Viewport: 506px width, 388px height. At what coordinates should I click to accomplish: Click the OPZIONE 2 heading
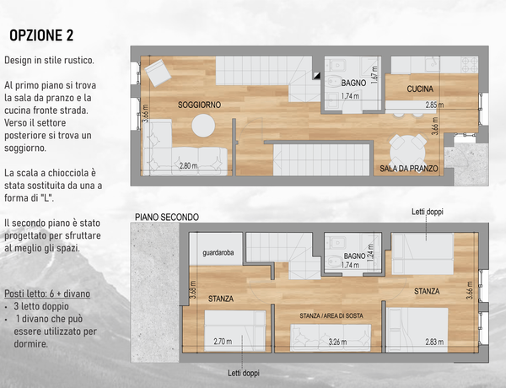[41, 35]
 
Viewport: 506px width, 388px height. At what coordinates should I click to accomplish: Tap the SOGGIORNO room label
[199, 105]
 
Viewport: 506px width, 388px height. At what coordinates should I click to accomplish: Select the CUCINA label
[420, 89]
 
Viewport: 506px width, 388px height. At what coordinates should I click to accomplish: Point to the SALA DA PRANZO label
[408, 169]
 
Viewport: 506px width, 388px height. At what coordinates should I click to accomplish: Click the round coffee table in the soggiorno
[203, 126]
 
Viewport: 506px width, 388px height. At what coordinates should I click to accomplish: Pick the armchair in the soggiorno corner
[158, 73]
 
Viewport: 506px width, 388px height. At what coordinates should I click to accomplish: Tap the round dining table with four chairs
[408, 150]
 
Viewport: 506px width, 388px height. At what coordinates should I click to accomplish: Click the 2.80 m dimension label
[188, 166]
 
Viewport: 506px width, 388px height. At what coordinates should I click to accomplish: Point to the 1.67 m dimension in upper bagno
[374, 75]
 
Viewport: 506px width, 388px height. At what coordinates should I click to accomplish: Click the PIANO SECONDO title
[167, 218]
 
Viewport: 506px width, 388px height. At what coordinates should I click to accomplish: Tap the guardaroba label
[218, 253]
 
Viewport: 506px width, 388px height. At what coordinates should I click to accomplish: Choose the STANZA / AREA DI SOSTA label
[331, 315]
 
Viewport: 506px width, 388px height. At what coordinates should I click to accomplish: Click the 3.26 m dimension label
[338, 342]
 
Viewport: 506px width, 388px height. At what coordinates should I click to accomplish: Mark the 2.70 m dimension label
[223, 342]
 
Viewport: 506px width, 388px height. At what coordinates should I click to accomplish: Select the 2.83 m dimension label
[434, 342]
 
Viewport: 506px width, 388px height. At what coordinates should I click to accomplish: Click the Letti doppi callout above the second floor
[428, 212]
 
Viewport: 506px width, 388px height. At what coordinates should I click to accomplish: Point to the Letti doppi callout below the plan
[244, 373]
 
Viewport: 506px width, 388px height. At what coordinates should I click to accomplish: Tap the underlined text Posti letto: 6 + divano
[47, 294]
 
